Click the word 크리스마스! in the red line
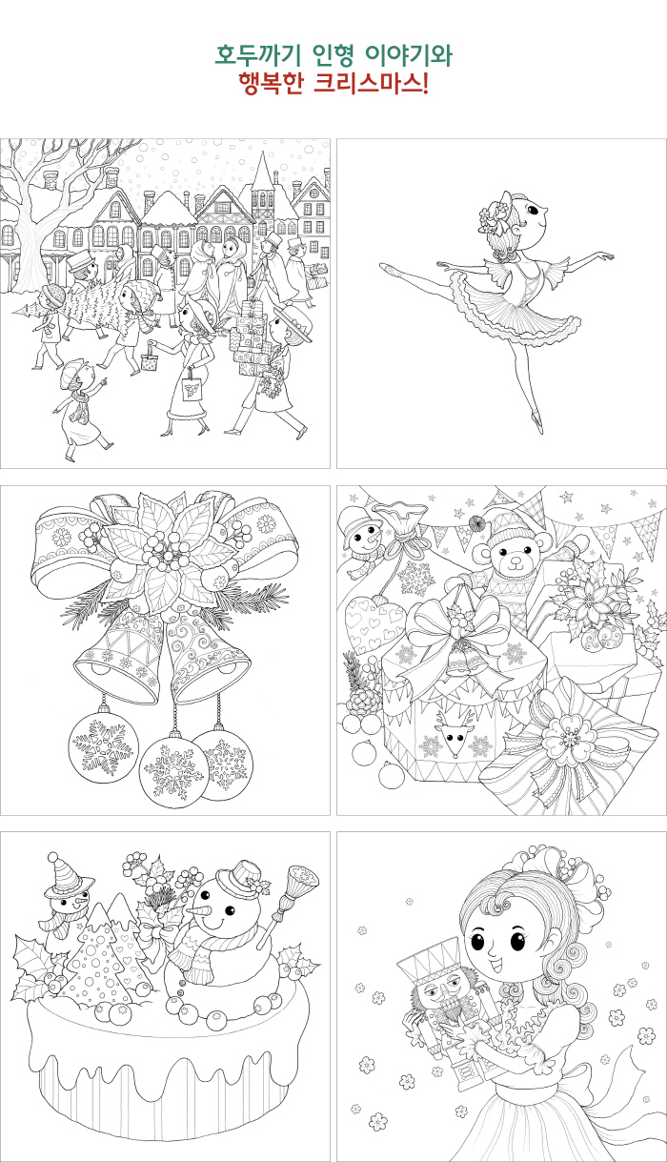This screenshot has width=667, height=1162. pyautogui.click(x=371, y=83)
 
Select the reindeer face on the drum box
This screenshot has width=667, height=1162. pyautogui.click(x=455, y=731)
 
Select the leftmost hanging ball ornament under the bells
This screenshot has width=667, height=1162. pyautogui.click(x=104, y=746)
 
